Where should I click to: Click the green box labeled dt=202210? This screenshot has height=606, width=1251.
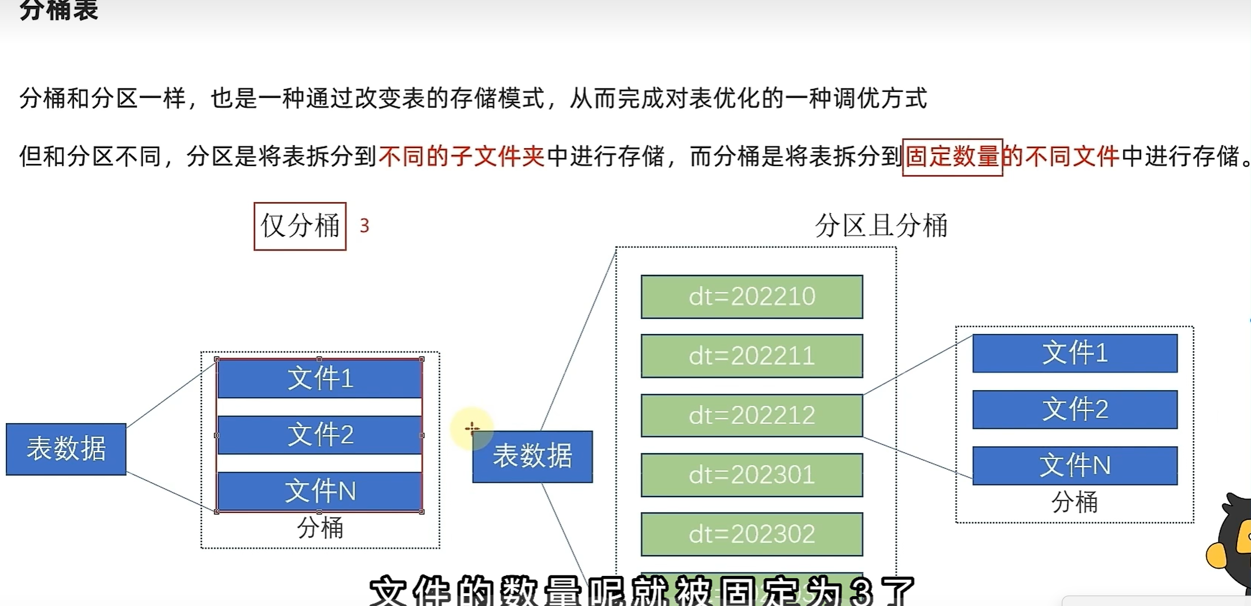tap(752, 297)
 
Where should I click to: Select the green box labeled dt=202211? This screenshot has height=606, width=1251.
tap(752, 356)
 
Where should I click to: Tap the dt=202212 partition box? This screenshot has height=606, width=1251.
tap(752, 416)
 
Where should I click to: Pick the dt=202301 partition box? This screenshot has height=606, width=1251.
tap(752, 475)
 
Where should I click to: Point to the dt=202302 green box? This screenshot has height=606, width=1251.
tap(752, 534)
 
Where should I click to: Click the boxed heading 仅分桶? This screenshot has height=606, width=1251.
tap(300, 226)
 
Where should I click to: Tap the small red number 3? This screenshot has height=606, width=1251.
tap(364, 226)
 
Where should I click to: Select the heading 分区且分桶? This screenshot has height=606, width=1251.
tap(881, 225)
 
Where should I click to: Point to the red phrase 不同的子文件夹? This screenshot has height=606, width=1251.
tap(461, 156)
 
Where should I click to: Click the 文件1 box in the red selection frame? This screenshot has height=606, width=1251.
tap(320, 379)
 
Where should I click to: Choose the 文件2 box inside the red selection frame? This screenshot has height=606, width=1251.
tap(320, 435)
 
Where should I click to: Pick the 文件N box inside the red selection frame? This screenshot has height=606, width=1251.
tap(320, 491)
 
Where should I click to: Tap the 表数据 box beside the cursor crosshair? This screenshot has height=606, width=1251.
tap(532, 457)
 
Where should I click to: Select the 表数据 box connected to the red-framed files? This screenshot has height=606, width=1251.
tap(66, 449)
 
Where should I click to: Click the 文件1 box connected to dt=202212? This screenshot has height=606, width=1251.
tap(1075, 353)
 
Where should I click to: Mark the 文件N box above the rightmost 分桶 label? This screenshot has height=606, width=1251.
tap(1075, 465)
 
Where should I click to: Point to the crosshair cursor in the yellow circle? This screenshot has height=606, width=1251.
tap(472, 429)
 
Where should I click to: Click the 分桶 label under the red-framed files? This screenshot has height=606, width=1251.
tap(320, 528)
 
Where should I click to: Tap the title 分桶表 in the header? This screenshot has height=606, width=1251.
tap(59, 10)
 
